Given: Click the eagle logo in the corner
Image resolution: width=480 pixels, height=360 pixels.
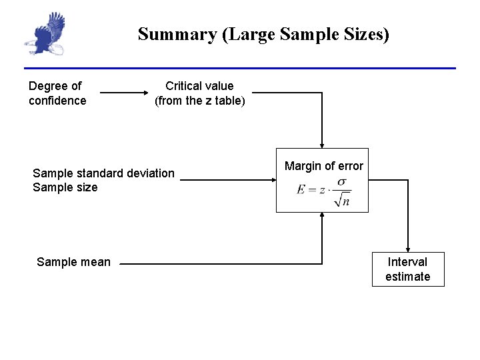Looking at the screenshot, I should [x=45, y=35].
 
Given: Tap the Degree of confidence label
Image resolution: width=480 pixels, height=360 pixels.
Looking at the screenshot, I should [x=57, y=93].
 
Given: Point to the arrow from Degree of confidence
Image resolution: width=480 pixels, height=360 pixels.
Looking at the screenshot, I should [x=120, y=93].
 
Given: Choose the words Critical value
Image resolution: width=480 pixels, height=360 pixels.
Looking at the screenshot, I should [x=199, y=86].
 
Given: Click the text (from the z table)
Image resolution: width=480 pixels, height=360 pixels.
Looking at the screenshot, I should [x=199, y=101].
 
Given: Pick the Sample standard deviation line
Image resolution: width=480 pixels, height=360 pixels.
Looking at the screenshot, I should [x=103, y=173].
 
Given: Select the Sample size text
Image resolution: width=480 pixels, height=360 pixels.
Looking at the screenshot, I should [x=65, y=187].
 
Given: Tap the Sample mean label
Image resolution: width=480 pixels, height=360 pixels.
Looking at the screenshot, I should [x=73, y=262].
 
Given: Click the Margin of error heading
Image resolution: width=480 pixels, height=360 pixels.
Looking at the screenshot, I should [x=323, y=166].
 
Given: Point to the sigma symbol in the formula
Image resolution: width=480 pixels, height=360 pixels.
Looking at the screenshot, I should [x=341, y=182].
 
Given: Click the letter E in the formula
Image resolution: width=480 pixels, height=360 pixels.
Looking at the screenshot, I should [x=301, y=190].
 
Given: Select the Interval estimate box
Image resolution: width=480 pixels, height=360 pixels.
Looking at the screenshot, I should [x=407, y=269].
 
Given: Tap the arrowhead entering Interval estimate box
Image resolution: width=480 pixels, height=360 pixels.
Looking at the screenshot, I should [x=407, y=249].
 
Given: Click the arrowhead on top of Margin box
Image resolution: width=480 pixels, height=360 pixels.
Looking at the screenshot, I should [x=322, y=144].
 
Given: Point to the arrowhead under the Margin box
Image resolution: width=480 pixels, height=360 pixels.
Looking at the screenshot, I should [x=322, y=215].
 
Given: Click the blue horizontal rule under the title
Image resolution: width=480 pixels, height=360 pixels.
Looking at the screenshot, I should [x=240, y=68].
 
